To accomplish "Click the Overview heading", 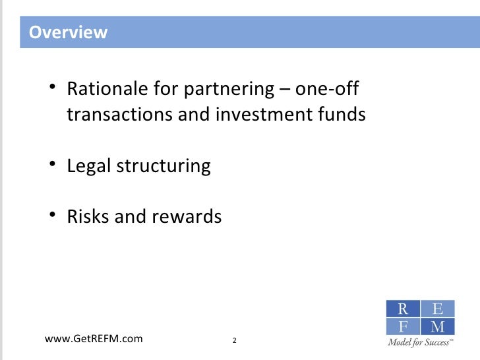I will click(x=69, y=32).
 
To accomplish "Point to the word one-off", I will click(x=330, y=89).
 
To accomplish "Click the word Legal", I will click(x=89, y=165).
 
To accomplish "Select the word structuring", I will click(x=164, y=165).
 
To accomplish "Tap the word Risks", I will click(x=88, y=216).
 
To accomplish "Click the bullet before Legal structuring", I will click(x=53, y=165).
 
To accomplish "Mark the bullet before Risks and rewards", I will click(x=53, y=216).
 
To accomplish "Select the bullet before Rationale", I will click(x=53, y=89).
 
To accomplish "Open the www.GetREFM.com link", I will click(x=93, y=339).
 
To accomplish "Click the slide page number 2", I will click(x=235, y=340).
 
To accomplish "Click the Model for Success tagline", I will click(x=420, y=343).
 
